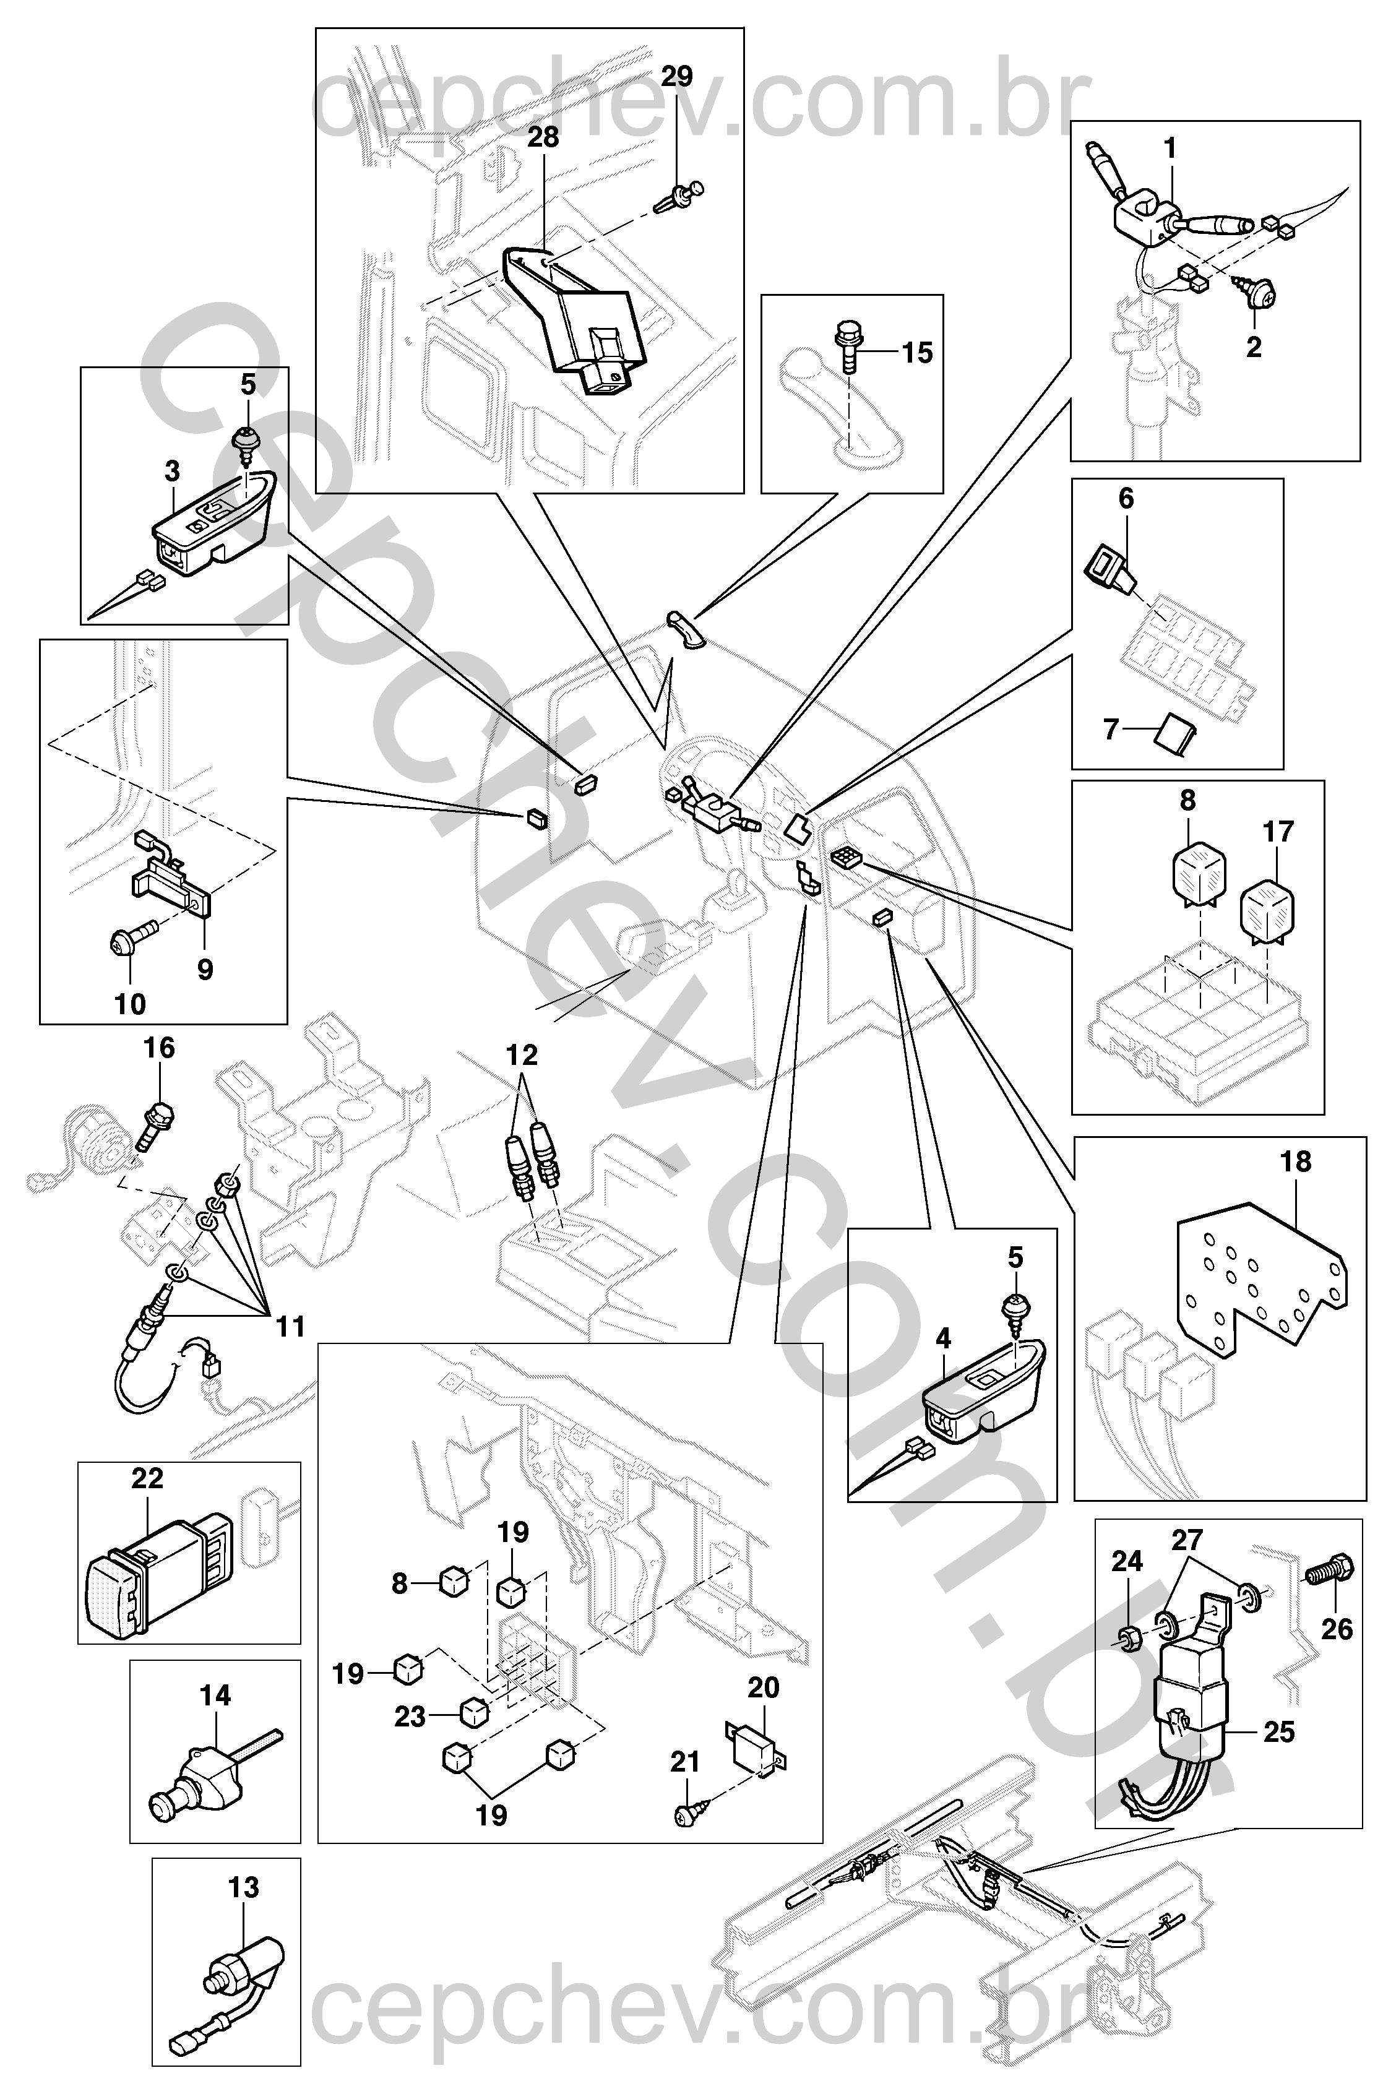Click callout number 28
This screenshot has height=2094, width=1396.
[543, 138]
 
